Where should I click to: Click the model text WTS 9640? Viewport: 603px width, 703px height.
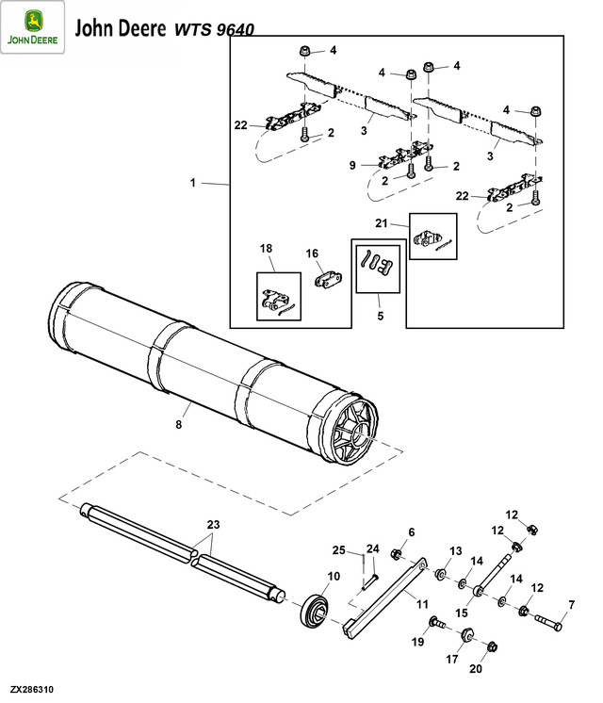213,29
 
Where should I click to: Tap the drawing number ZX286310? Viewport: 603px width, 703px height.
33,691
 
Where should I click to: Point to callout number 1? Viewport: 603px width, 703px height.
193,183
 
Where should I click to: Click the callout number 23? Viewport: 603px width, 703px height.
213,524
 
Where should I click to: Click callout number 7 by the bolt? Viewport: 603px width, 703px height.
570,603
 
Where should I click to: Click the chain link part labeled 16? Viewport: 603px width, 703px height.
330,282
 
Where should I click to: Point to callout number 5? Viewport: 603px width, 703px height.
381,317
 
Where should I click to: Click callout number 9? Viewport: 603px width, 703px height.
351,165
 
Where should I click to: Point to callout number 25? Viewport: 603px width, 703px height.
337,549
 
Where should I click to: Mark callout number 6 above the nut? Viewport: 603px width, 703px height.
411,532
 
